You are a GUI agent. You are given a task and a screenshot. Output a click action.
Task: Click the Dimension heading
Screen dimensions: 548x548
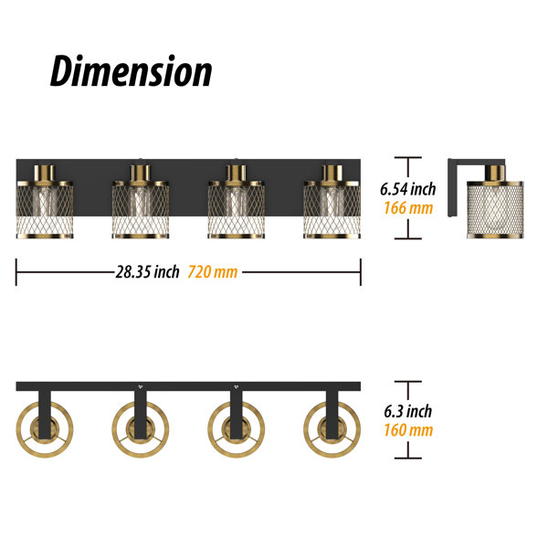(131, 71)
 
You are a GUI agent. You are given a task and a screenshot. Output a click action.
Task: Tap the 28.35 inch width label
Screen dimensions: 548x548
(147, 272)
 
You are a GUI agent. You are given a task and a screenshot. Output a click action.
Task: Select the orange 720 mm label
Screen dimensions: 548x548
(213, 272)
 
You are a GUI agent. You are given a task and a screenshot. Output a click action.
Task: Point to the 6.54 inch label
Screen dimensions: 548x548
(408, 189)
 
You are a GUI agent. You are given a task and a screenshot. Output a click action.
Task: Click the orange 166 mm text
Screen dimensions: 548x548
(408, 208)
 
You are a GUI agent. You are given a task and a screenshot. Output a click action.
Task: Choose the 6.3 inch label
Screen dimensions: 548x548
(408, 411)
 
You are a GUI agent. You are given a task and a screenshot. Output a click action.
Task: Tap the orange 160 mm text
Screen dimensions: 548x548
(408, 430)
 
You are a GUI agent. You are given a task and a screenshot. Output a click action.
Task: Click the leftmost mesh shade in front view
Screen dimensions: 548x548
(45, 210)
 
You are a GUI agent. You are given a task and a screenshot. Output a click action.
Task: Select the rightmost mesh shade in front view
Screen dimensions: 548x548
(332, 210)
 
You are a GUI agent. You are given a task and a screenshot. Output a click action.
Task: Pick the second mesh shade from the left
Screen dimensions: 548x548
(141, 210)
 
